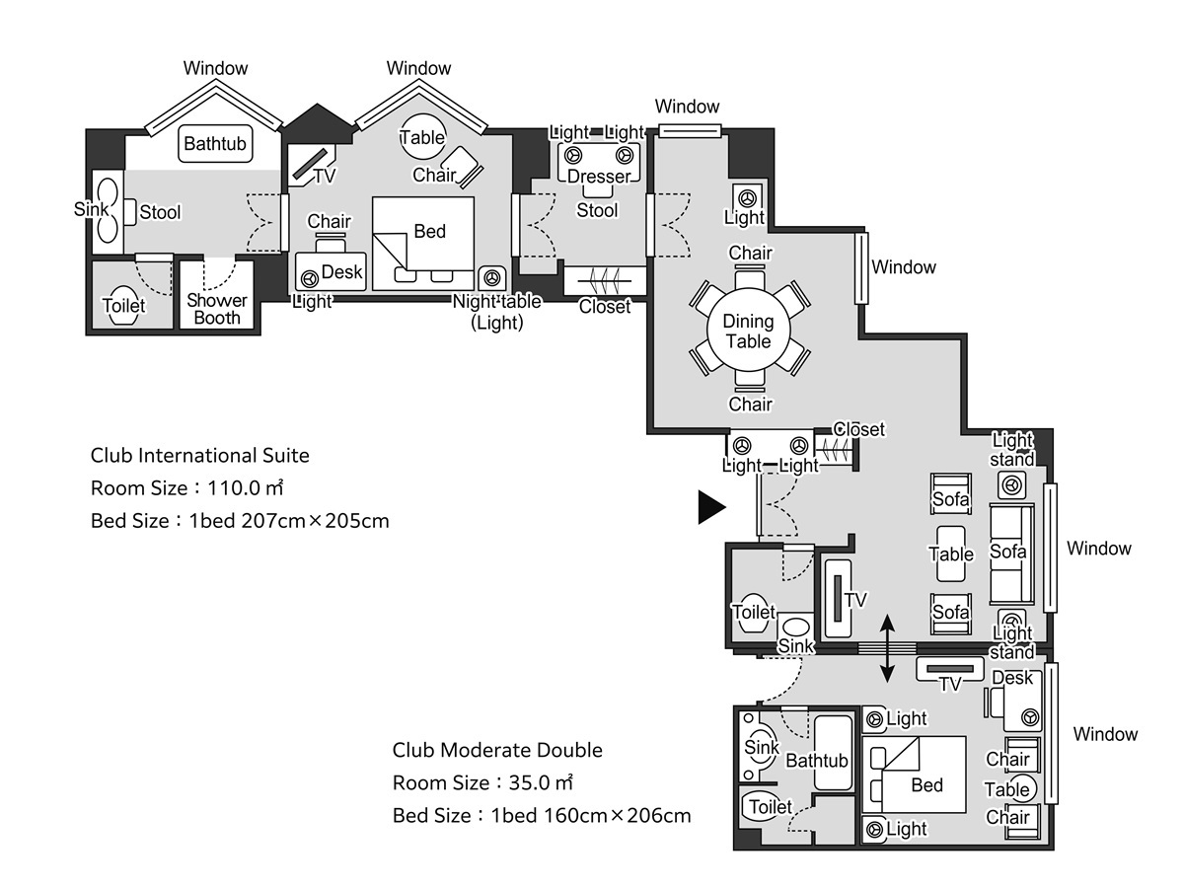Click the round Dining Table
tap(748, 331)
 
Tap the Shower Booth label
tap(217, 309)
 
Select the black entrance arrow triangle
tap(711, 507)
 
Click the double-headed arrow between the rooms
tap(887, 649)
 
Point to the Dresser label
tap(599, 177)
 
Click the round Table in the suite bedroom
tap(422, 137)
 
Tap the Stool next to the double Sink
tap(130, 212)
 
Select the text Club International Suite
tap(200, 456)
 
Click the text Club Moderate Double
tap(497, 750)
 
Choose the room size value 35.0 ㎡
tap(541, 782)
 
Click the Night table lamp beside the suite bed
tap(491, 278)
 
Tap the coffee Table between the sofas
tap(950, 554)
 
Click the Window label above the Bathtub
tap(215, 68)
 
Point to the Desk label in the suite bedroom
tap(342, 271)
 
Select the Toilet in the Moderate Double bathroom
tap(770, 807)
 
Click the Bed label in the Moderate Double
tap(927, 785)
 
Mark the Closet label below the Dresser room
tap(605, 306)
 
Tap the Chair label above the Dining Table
tap(750, 253)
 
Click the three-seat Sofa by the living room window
tap(1011, 554)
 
